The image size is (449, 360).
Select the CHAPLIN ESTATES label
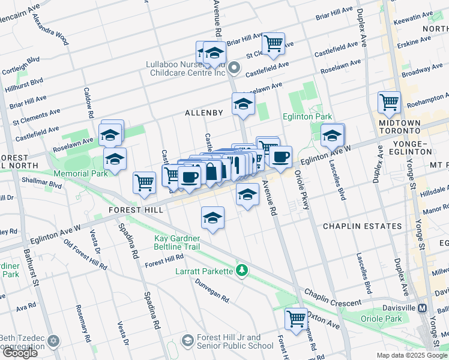(x=363, y=226)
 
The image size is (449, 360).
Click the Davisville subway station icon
(x=423, y=308)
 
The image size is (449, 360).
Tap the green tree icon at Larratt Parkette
(x=242, y=271)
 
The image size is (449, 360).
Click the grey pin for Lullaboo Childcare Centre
(x=234, y=68)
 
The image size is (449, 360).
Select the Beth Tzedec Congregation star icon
(x=53, y=341)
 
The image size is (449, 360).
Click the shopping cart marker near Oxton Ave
(x=297, y=318)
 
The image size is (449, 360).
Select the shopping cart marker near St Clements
(x=273, y=43)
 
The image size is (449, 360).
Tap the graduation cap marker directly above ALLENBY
(x=243, y=103)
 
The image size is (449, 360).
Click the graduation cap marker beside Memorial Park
(x=115, y=158)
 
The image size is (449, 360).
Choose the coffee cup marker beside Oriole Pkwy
(x=280, y=157)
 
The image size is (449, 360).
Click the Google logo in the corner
(x=20, y=352)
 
